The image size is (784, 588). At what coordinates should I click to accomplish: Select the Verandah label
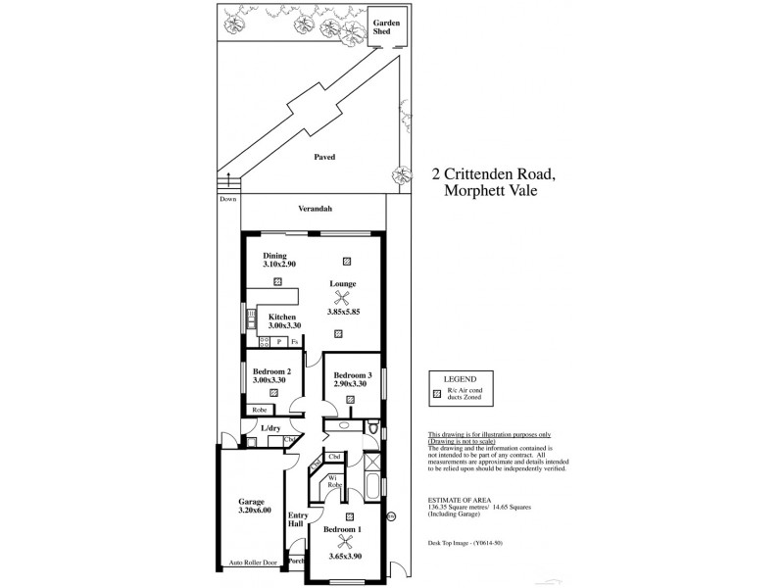pos(316,209)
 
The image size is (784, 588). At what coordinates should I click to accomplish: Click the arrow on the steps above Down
pos(230,179)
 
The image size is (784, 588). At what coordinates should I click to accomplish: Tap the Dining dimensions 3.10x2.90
pos(279,265)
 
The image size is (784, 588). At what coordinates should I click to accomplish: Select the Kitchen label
pos(282,318)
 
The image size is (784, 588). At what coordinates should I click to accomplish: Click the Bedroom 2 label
pos(271,371)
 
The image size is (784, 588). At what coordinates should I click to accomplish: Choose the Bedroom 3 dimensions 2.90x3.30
pos(351,384)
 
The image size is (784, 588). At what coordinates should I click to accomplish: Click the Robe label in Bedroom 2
pos(260,410)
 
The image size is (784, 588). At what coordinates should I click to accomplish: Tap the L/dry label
pos(270,428)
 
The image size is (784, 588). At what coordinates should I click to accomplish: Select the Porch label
pos(295,562)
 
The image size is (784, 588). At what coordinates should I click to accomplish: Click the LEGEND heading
pos(459,378)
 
